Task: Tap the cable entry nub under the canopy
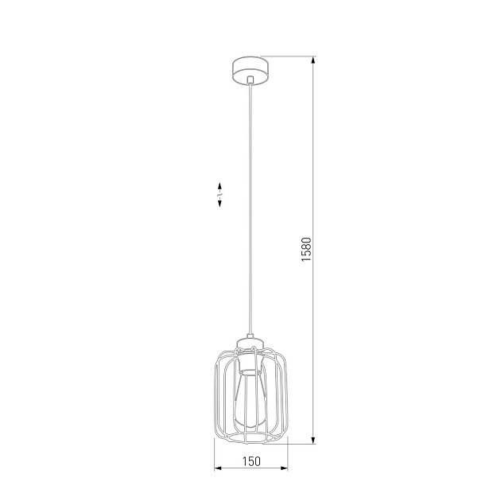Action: coord(249,80)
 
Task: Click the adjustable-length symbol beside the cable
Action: coord(219,194)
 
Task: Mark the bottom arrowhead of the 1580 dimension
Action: coord(313,440)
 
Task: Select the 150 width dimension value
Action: coord(250,461)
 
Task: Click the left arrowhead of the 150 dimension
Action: coord(217,468)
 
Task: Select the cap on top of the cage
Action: coord(250,344)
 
